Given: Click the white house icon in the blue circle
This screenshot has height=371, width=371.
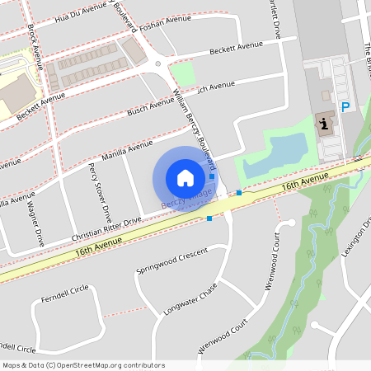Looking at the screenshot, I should [x=185, y=177].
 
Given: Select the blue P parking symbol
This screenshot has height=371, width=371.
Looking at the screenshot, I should [x=346, y=106].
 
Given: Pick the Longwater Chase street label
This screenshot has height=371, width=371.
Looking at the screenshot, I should [x=190, y=298].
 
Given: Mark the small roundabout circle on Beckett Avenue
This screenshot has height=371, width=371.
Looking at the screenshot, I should [x=157, y=63].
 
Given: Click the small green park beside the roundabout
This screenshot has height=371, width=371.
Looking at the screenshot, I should [x=182, y=73].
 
